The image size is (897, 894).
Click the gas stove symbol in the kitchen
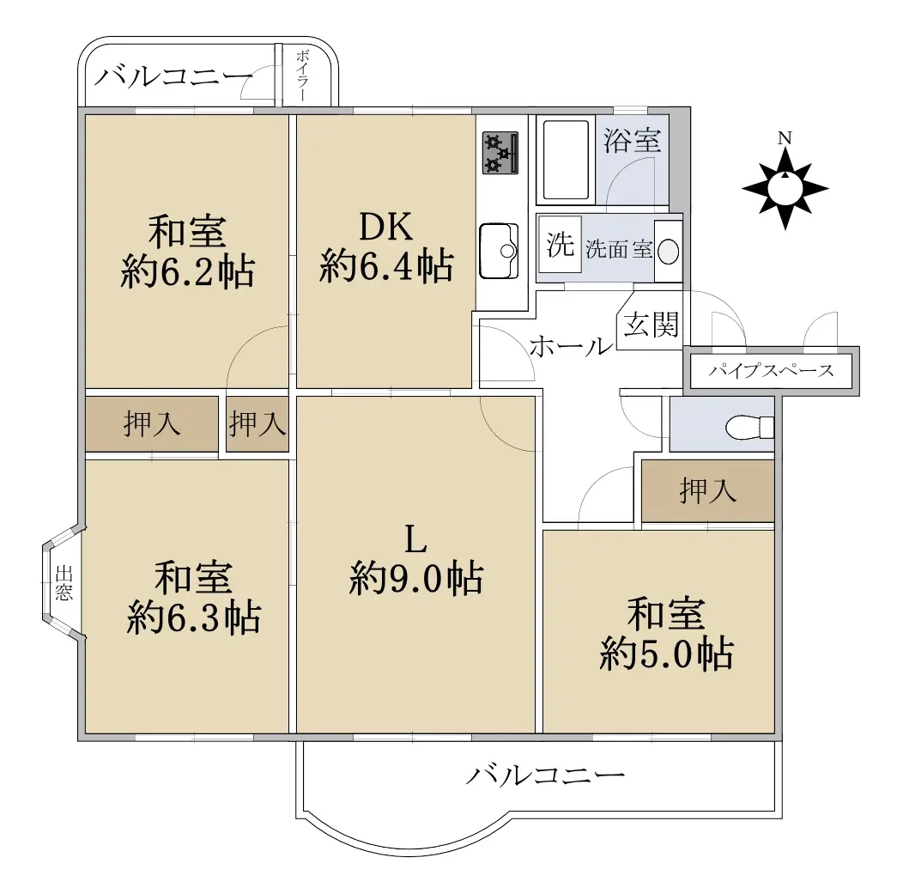[500, 153]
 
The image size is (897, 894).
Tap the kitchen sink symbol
[499, 251]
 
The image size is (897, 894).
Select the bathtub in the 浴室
[566, 161]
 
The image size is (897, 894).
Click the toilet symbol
[749, 428]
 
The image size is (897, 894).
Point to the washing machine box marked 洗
[560, 245]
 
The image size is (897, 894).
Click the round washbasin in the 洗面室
[668, 251]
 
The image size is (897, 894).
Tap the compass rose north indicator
[785, 188]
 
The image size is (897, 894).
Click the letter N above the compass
[785, 138]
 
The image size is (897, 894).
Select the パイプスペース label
[771, 371]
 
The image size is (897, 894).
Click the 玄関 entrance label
[651, 325]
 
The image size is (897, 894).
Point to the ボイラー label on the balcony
[303, 76]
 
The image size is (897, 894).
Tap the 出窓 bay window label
[64, 582]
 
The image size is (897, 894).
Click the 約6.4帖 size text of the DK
[387, 266]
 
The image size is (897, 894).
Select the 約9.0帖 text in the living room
[416, 578]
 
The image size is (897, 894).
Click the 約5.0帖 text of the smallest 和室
[666, 653]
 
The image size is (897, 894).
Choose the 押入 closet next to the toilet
[707, 490]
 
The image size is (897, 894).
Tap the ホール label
[571, 346]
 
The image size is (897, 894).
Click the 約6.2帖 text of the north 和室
[188, 271]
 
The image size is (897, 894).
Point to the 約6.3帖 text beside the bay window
[194, 617]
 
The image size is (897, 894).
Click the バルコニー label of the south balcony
[545, 776]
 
